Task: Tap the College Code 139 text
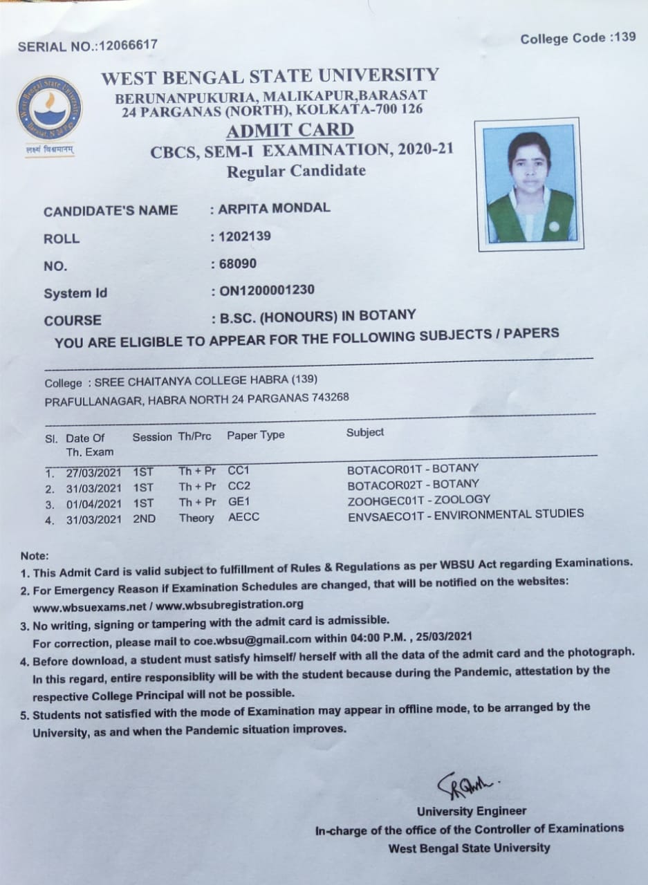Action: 578,38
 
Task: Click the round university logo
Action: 49,108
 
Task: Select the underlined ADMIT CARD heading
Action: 290,130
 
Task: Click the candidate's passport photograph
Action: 530,184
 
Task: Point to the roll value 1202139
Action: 245,236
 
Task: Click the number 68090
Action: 237,263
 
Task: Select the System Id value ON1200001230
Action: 266,290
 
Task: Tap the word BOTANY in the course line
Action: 389,316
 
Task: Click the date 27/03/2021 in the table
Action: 93,473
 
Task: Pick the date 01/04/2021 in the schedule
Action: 93,504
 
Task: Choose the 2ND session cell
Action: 144,519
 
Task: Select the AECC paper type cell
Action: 243,517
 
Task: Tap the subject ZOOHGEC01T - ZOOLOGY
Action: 418,499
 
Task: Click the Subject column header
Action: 364,432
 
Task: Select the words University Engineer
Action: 471,811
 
